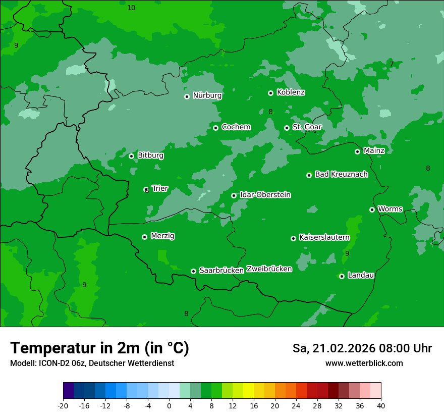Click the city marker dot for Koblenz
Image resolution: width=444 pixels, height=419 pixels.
point(270,93)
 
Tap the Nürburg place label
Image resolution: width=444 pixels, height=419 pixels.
point(207,95)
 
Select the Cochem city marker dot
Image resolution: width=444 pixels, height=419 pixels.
point(215,128)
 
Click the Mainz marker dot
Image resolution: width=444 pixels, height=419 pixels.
point(357,151)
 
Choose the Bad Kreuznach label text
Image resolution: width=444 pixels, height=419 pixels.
point(341,174)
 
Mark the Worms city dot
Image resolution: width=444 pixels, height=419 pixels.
point(372,210)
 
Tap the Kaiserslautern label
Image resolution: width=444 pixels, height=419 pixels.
point(324,237)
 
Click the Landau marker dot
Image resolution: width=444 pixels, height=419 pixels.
point(342,276)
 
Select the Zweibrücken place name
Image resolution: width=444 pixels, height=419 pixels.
point(269,269)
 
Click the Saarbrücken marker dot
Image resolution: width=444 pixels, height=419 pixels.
point(193,271)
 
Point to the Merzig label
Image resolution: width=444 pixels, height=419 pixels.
point(162,236)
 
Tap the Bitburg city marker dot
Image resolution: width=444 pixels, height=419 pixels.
point(131,156)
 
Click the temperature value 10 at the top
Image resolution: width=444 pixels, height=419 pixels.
point(131,8)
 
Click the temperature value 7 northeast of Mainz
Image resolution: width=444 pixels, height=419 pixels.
point(392,64)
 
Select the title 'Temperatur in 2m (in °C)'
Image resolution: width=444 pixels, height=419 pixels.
point(99,348)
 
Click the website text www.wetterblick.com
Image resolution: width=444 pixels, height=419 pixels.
point(364,363)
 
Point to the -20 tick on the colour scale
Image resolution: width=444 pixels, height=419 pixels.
point(63,406)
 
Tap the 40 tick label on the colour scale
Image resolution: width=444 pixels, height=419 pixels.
point(381,406)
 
